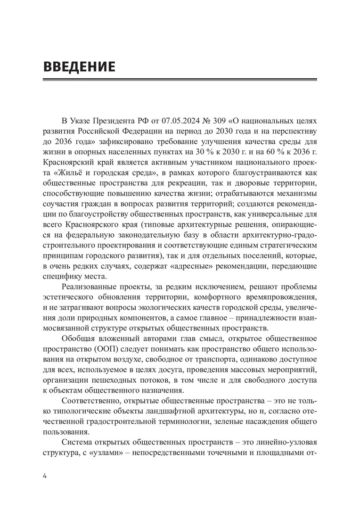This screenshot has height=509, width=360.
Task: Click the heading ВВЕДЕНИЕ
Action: (x=79, y=66)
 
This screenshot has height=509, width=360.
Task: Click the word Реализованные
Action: (x=93, y=287)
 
